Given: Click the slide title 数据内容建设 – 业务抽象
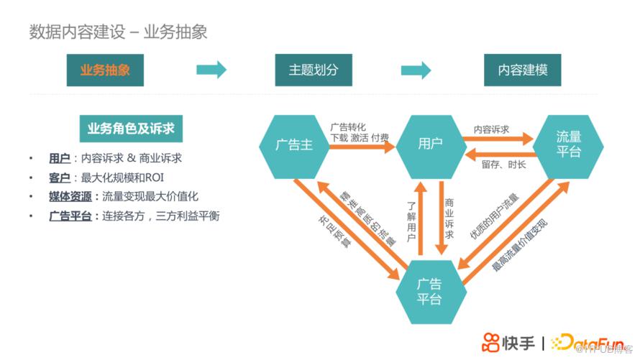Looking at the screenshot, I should [x=119, y=32].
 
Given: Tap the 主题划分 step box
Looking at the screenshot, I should [x=314, y=70].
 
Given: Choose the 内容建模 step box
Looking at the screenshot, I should [x=523, y=70].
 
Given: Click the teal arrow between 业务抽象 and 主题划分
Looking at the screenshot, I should [x=211, y=70].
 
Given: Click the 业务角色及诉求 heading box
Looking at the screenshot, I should [x=130, y=129].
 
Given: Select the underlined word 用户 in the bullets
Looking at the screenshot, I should [x=59, y=158].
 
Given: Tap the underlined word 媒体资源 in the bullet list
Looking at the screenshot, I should [x=70, y=196].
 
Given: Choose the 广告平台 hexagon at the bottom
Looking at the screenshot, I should [x=429, y=290].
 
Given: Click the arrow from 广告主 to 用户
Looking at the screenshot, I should [x=362, y=147].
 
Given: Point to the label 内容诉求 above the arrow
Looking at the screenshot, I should [x=491, y=129].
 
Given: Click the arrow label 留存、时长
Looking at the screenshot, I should [x=503, y=165].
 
